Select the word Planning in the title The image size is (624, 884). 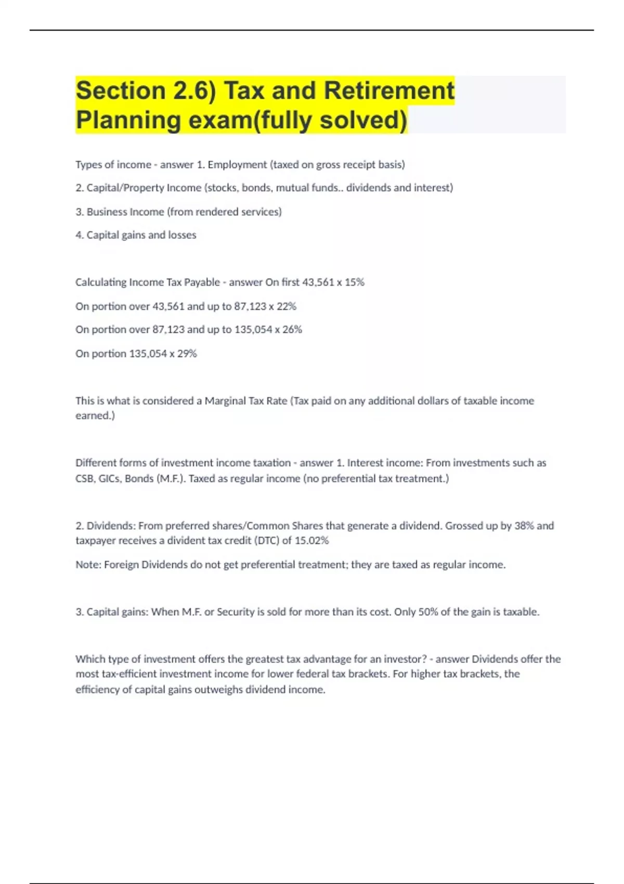128,120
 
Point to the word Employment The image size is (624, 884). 237,165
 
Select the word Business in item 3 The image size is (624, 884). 107,212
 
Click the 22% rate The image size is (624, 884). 287,306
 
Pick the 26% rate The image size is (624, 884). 292,330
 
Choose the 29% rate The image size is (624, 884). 187,354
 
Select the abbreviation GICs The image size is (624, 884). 109,478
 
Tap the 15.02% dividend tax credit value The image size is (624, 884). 311,541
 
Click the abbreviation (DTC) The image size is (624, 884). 266,541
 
